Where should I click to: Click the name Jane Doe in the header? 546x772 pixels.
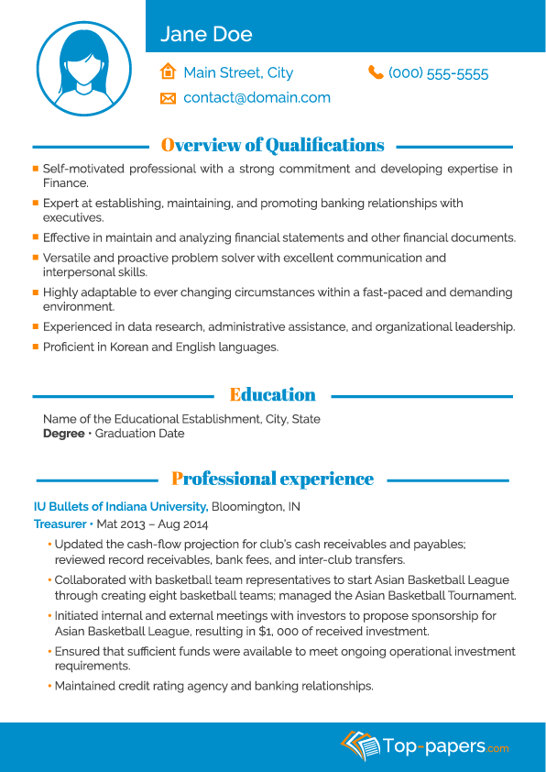pyautogui.click(x=206, y=35)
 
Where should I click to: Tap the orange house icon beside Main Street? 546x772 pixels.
pyautogui.click(x=168, y=72)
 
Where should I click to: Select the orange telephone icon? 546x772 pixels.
pyautogui.click(x=376, y=72)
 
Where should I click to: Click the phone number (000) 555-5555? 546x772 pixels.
pyautogui.click(x=438, y=73)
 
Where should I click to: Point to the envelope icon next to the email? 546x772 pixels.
pyautogui.click(x=168, y=97)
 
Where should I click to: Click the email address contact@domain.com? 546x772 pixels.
pyautogui.click(x=257, y=97)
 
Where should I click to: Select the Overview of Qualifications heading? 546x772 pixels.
pyautogui.click(x=272, y=145)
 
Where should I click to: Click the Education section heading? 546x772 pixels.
pyautogui.click(x=272, y=395)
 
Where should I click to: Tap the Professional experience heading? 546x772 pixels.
pyautogui.click(x=272, y=479)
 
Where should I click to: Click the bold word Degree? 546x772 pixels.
pyautogui.click(x=63, y=434)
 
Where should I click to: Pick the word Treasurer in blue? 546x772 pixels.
pyautogui.click(x=60, y=524)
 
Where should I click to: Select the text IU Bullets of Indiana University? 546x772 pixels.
pyautogui.click(x=121, y=507)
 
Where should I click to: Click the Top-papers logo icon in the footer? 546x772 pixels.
pyautogui.click(x=359, y=745)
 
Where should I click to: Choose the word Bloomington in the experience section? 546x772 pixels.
pyautogui.click(x=248, y=507)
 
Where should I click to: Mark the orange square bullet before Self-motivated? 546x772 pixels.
pyautogui.click(x=35, y=169)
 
